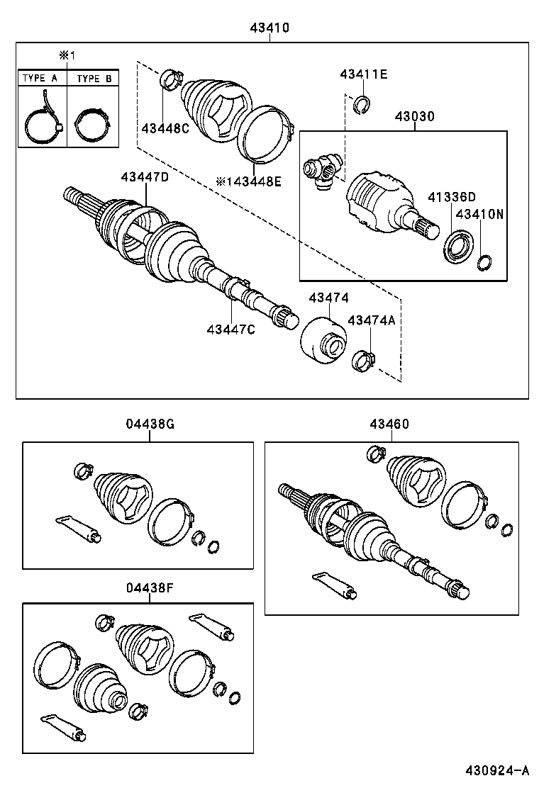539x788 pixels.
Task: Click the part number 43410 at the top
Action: pos(269,28)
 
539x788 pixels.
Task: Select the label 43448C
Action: pos(165,128)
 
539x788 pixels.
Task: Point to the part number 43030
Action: pos(415,116)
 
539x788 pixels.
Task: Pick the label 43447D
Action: pos(145,177)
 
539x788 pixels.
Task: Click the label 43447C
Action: pos(231,329)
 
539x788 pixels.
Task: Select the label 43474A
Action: pos(371,320)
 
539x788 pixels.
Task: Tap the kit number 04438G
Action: pos(150,424)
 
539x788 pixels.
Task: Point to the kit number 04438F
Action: pos(150,587)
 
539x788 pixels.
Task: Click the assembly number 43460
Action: pos(389,424)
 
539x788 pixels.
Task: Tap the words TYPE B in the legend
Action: pos(94,79)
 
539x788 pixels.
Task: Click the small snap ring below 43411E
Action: pos(362,106)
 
